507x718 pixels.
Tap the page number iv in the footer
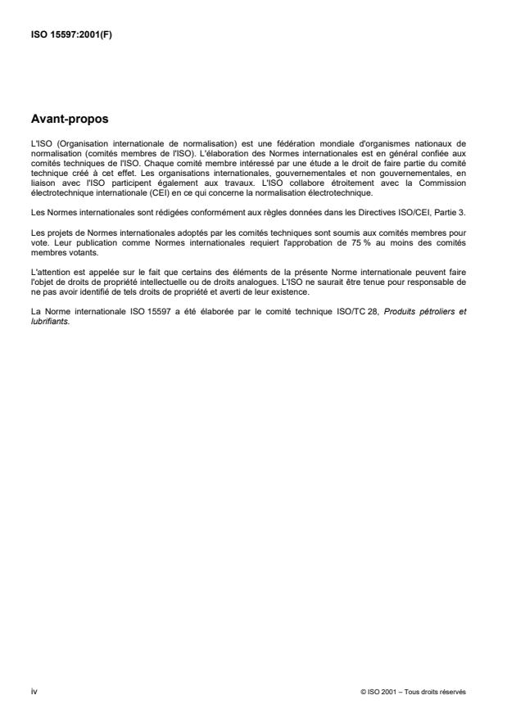click(34, 692)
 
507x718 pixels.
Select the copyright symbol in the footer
click(362, 693)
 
